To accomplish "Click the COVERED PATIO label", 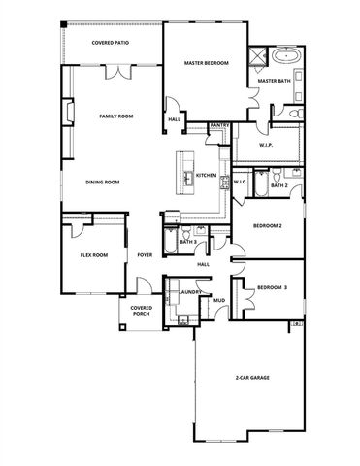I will [110, 43].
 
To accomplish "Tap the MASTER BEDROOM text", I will [206, 63].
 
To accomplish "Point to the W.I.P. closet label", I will [268, 145].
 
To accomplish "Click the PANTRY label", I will [219, 124].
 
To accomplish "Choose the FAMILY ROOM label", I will [115, 116].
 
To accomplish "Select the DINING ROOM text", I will [102, 182].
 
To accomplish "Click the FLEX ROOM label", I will [93, 255].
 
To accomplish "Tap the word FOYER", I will [145, 255].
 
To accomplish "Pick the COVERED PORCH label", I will [135, 311].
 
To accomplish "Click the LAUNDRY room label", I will [189, 291].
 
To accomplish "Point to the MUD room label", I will [219, 302].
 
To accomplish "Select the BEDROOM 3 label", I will [272, 287].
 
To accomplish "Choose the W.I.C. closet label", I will [241, 181].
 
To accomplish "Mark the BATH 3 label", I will [187, 241].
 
